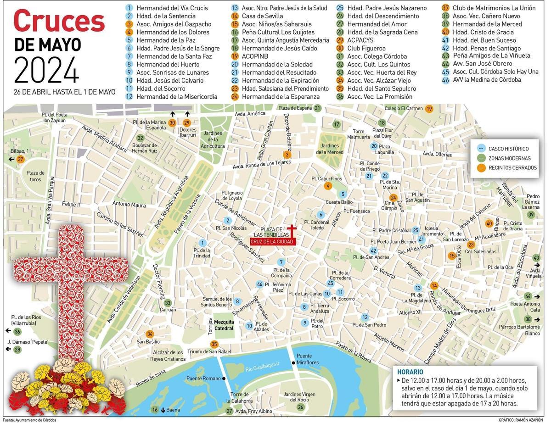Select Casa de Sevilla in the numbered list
(262, 16)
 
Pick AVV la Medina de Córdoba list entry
(487, 80)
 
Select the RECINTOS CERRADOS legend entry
(512, 168)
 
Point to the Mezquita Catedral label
(224, 325)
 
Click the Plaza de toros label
(35, 176)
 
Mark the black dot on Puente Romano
(224, 378)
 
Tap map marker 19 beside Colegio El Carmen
(429, 109)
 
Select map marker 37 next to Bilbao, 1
(20, 159)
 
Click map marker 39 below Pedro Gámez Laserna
(531, 215)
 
